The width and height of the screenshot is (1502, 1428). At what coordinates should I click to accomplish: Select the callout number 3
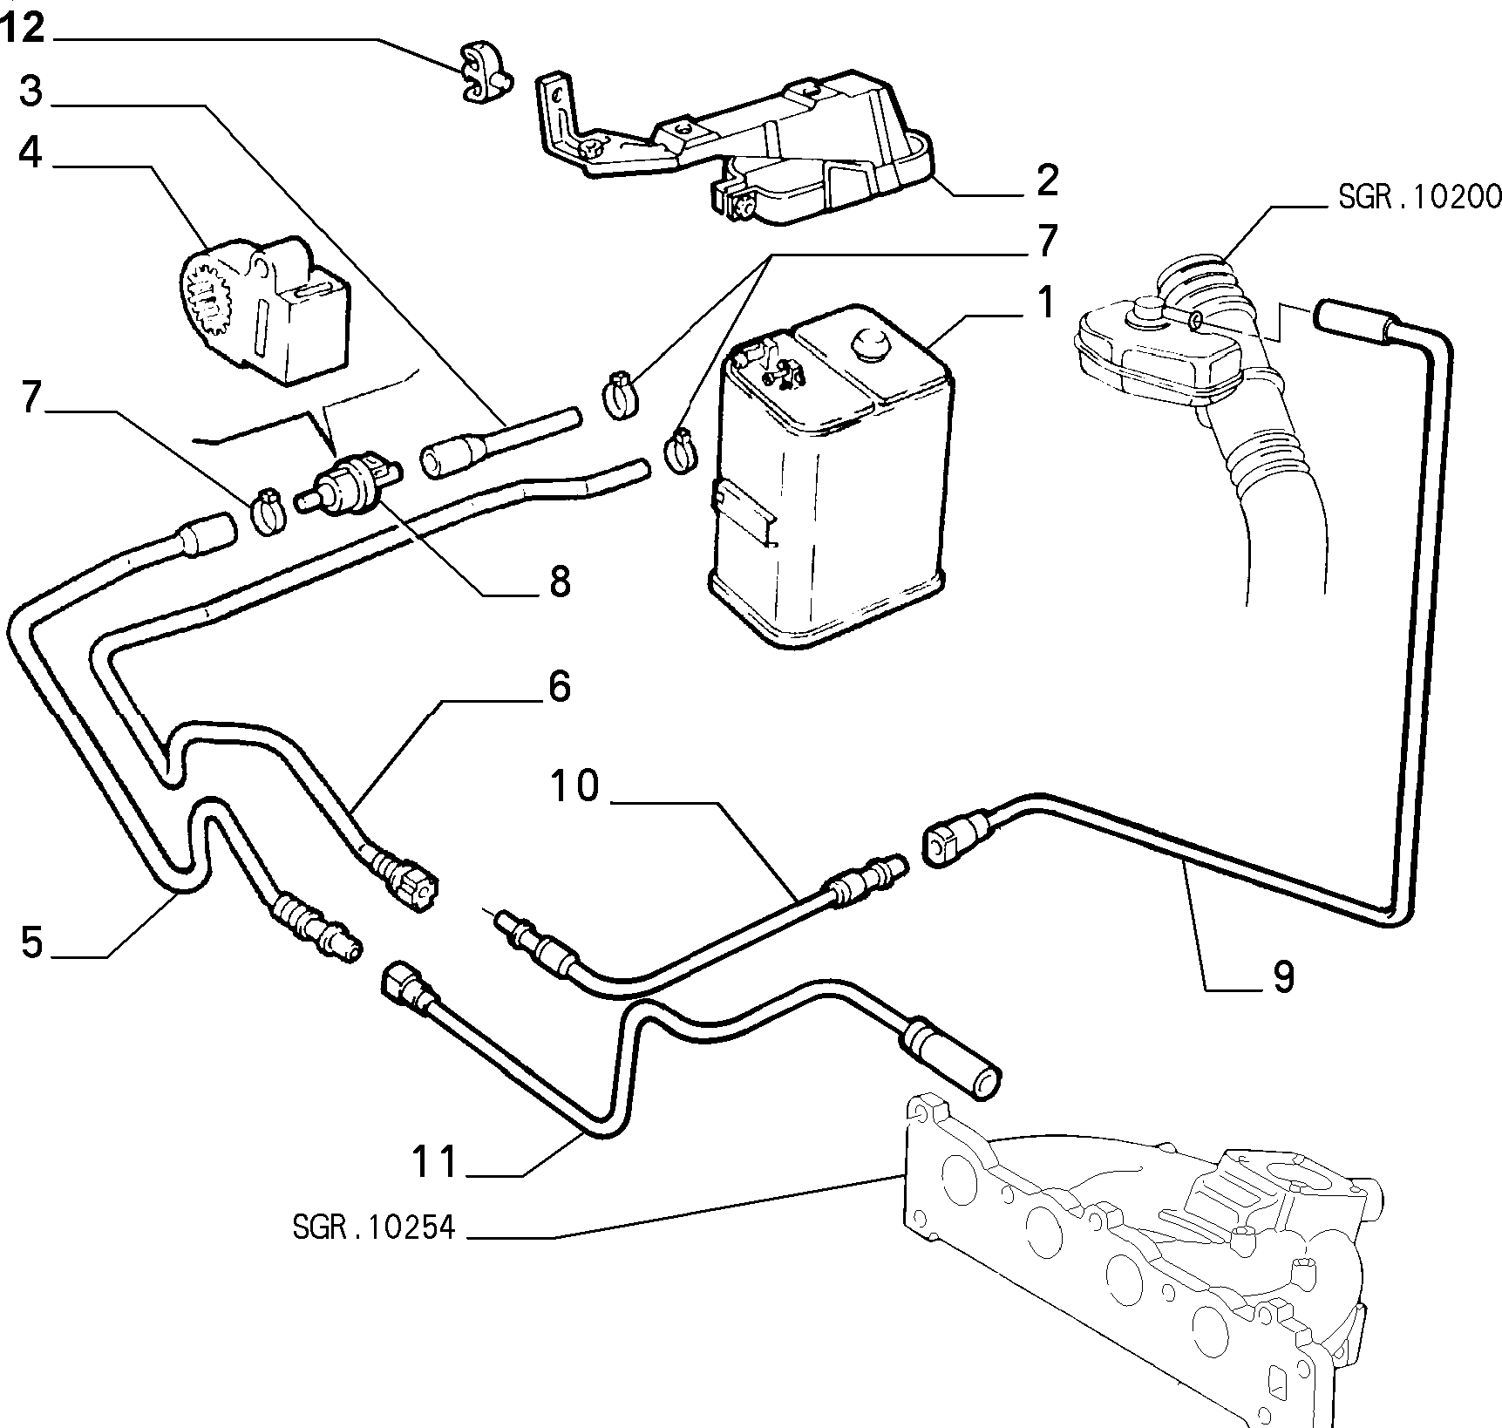[x=31, y=91]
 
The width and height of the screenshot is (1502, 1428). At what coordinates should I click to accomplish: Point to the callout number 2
[x=1047, y=180]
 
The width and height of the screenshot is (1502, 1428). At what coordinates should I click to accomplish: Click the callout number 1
[x=1046, y=303]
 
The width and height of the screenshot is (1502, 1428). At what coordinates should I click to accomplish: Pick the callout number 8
[x=559, y=580]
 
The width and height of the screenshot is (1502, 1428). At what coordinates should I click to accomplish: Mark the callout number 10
[x=575, y=785]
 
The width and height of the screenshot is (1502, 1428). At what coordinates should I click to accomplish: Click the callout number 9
[x=1283, y=977]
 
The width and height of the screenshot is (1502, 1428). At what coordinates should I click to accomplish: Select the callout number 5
[x=31, y=942]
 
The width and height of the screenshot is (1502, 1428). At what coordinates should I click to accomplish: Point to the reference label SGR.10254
[x=374, y=1227]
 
